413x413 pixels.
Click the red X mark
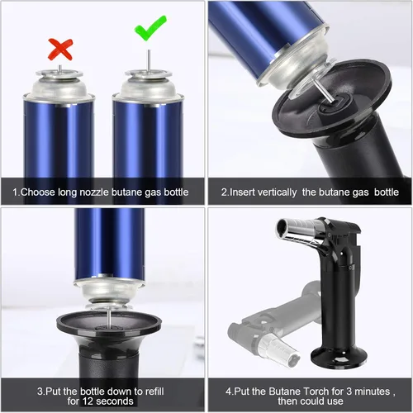tap(60, 50)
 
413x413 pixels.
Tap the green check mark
tap(150, 28)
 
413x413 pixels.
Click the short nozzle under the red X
tap(59, 69)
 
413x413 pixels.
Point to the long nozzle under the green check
tap(149, 61)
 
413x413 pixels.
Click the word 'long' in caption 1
tap(67, 192)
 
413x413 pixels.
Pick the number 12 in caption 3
tap(88, 401)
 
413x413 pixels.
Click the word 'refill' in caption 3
tap(154, 392)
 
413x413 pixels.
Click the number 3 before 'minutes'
tap(349, 392)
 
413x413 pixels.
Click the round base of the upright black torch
tap(339, 357)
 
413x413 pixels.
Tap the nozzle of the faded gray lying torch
tap(279, 350)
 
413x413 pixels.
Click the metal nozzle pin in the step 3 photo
tap(109, 317)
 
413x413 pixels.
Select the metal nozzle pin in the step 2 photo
tap(323, 91)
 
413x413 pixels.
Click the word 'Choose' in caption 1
tap(38, 192)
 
